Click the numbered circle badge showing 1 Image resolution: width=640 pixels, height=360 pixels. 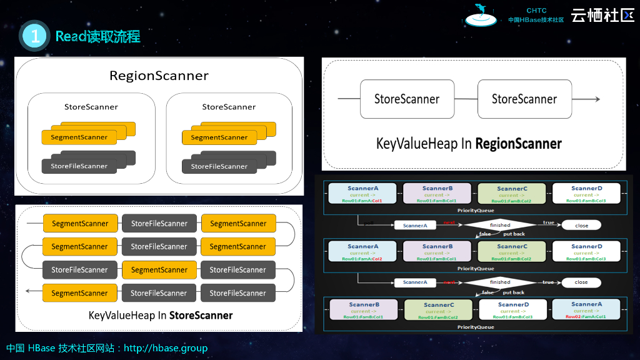tap(35, 36)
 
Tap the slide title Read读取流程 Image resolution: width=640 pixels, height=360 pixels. tap(97, 36)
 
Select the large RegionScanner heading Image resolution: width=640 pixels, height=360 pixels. tap(159, 76)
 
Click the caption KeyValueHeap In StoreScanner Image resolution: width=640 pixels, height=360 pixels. tap(161, 315)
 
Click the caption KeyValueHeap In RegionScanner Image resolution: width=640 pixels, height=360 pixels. tap(469, 143)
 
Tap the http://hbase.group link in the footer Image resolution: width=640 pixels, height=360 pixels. tap(166, 348)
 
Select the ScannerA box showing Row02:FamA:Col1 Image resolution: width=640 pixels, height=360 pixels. tap(586, 309)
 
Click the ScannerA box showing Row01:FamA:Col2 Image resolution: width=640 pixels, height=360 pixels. tap(362, 251)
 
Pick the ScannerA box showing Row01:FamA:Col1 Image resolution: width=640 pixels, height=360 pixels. tap(362, 193)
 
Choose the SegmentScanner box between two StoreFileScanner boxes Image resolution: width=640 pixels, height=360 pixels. tap(159, 270)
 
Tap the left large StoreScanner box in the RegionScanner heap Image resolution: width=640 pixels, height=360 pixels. tap(407, 99)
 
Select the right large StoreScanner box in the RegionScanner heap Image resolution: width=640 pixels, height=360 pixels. tap(524, 99)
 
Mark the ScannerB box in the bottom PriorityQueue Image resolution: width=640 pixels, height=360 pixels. tap(363, 309)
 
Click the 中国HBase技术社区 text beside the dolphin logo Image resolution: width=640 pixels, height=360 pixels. tap(536, 19)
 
